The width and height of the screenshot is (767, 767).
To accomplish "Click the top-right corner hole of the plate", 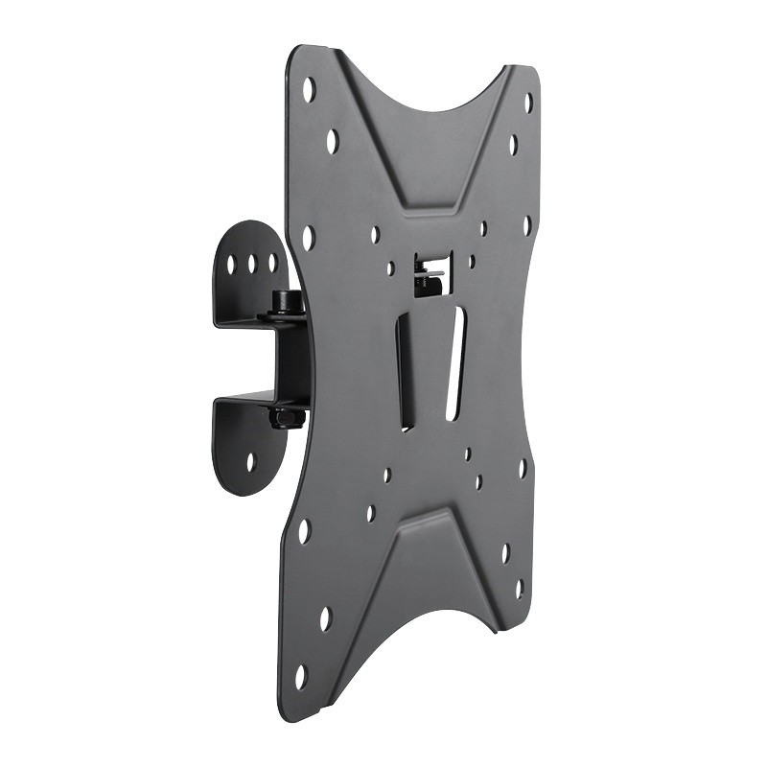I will [x=528, y=103].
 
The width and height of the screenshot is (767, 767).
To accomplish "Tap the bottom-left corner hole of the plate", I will [x=300, y=676].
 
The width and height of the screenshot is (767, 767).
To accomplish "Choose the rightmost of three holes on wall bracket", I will [x=272, y=260].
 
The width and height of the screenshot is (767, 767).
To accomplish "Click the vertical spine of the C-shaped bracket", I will [x=290, y=360].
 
